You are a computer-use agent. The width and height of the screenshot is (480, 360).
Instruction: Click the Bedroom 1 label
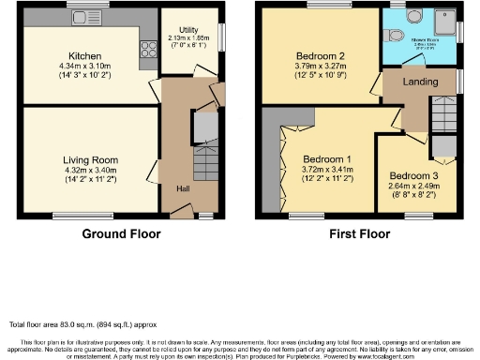point(323,158)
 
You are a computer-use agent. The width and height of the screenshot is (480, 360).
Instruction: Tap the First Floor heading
point(357,233)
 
